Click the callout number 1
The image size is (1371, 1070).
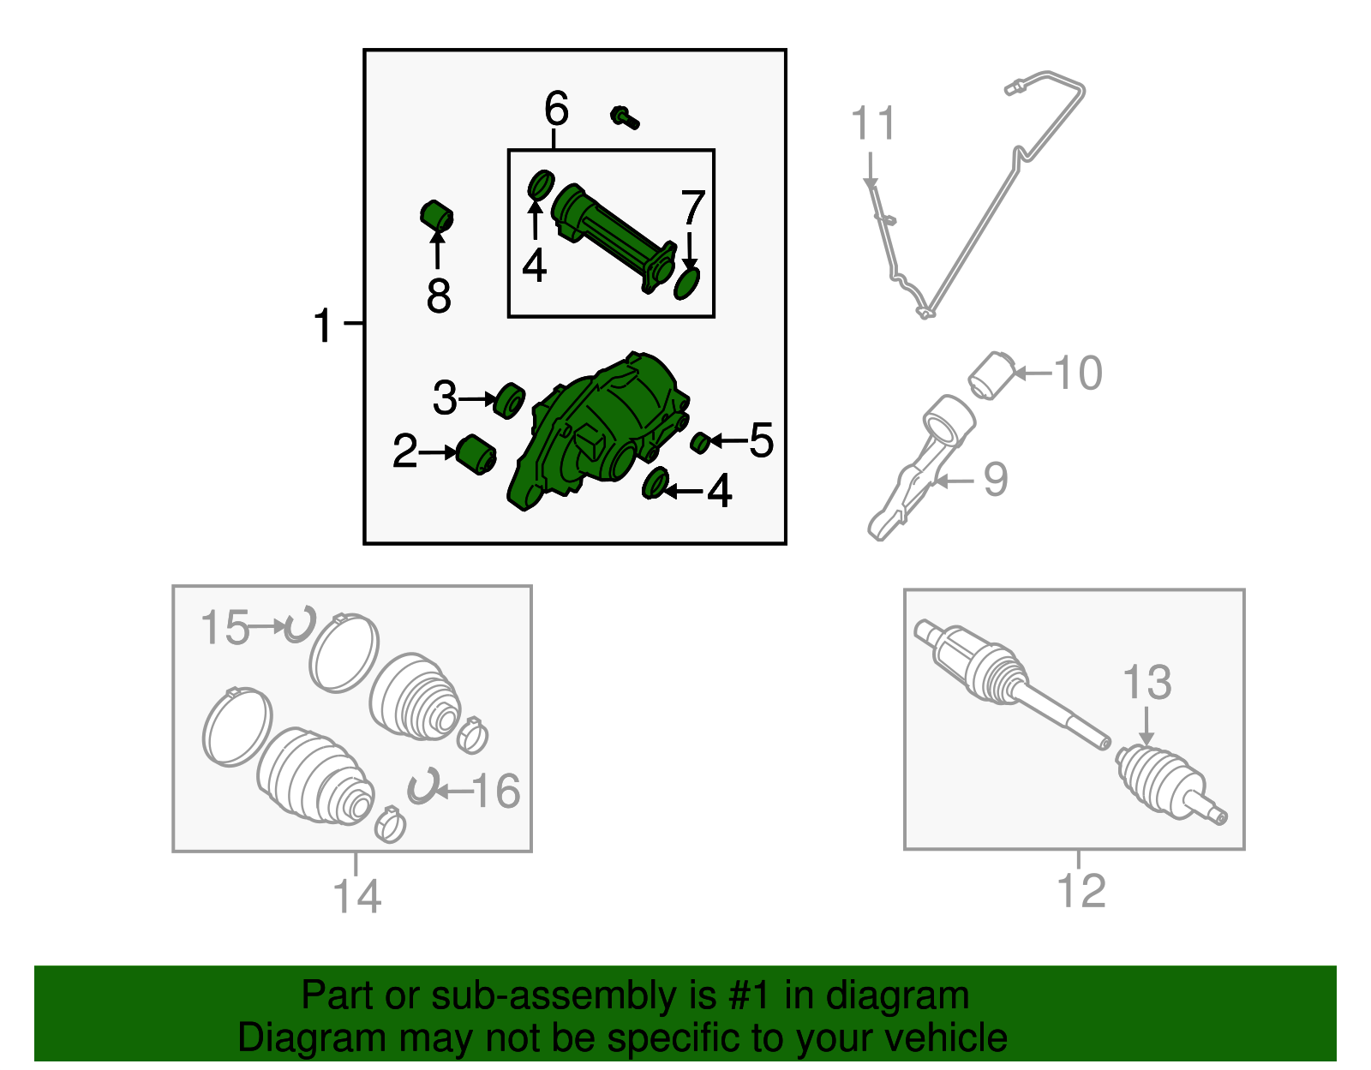click(322, 325)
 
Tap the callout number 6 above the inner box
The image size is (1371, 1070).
click(556, 108)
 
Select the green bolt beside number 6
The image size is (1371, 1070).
click(625, 117)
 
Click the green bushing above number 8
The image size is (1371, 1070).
click(437, 216)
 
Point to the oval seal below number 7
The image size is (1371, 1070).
click(686, 283)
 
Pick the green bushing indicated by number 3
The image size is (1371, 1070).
click(508, 400)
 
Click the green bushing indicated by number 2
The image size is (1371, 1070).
click(476, 455)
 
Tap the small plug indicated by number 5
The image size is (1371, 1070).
click(700, 443)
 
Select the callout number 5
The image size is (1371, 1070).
click(761, 440)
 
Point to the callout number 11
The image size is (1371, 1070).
click(872, 123)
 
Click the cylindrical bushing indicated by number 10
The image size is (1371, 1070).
click(991, 376)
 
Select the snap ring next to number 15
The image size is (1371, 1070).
click(299, 625)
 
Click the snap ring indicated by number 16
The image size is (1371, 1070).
click(422, 786)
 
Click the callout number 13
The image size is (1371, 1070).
click(1146, 682)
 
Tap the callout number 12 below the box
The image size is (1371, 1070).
click(1081, 891)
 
